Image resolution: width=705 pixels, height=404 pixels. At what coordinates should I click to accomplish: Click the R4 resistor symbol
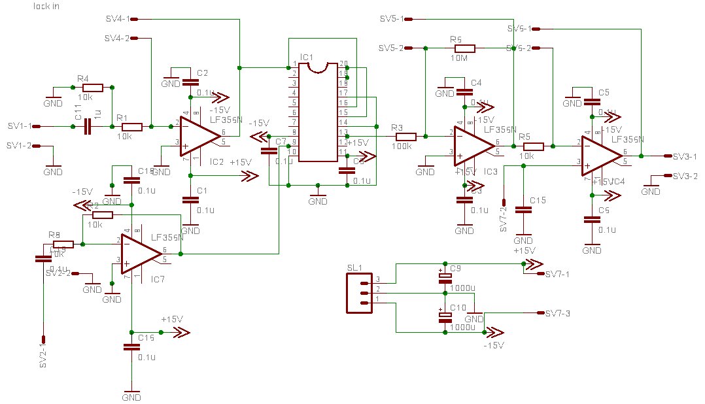click(x=93, y=87)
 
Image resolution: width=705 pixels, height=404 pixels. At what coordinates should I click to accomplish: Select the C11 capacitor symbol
click(x=87, y=127)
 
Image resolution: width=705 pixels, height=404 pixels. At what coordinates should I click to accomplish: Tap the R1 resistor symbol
click(x=131, y=127)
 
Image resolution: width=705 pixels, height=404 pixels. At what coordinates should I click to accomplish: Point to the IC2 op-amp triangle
click(x=199, y=135)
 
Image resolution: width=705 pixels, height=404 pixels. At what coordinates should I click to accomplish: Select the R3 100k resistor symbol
click(x=405, y=136)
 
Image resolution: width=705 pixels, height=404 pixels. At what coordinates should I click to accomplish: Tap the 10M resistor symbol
click(x=464, y=48)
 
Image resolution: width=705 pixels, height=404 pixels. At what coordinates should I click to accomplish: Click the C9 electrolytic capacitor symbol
click(x=445, y=277)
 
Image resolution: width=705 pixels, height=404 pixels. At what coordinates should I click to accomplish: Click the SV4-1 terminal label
click(x=118, y=19)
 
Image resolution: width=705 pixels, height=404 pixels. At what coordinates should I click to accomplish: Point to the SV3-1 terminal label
click(x=685, y=156)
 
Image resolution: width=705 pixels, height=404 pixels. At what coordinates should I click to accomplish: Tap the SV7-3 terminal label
click(x=558, y=314)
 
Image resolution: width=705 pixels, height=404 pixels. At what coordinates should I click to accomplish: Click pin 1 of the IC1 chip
click(x=295, y=64)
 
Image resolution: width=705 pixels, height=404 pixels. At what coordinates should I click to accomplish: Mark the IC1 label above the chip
click(x=307, y=57)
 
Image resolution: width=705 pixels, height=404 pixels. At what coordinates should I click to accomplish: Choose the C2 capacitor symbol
click(x=190, y=82)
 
